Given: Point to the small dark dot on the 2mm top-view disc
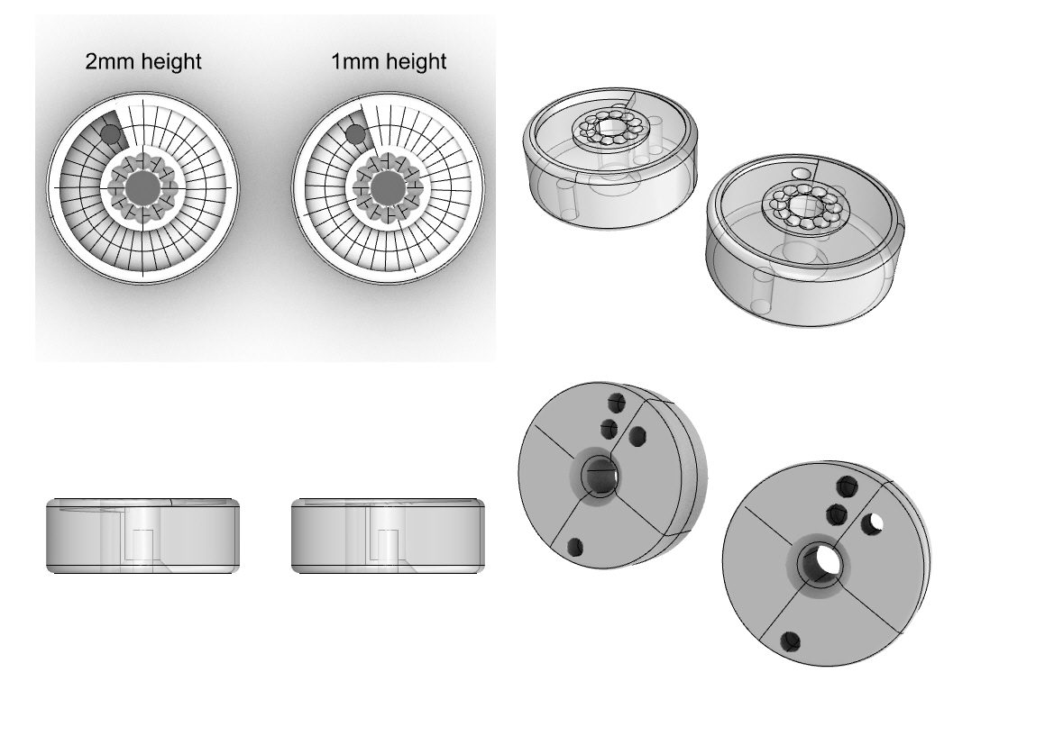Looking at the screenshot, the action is [111, 134].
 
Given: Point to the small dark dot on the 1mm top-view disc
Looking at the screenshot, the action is [355, 134].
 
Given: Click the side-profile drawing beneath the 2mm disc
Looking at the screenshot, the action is [142, 535].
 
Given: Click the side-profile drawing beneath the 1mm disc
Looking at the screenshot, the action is [388, 535].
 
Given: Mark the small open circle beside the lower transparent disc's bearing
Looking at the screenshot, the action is [802, 173].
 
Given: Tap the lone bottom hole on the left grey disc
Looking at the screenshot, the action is [574, 547].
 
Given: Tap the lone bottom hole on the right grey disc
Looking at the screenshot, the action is [791, 641].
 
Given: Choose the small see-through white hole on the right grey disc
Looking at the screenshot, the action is [873, 522].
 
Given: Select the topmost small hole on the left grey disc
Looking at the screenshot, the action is [617, 403].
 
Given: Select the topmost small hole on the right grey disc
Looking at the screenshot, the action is [847, 486].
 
